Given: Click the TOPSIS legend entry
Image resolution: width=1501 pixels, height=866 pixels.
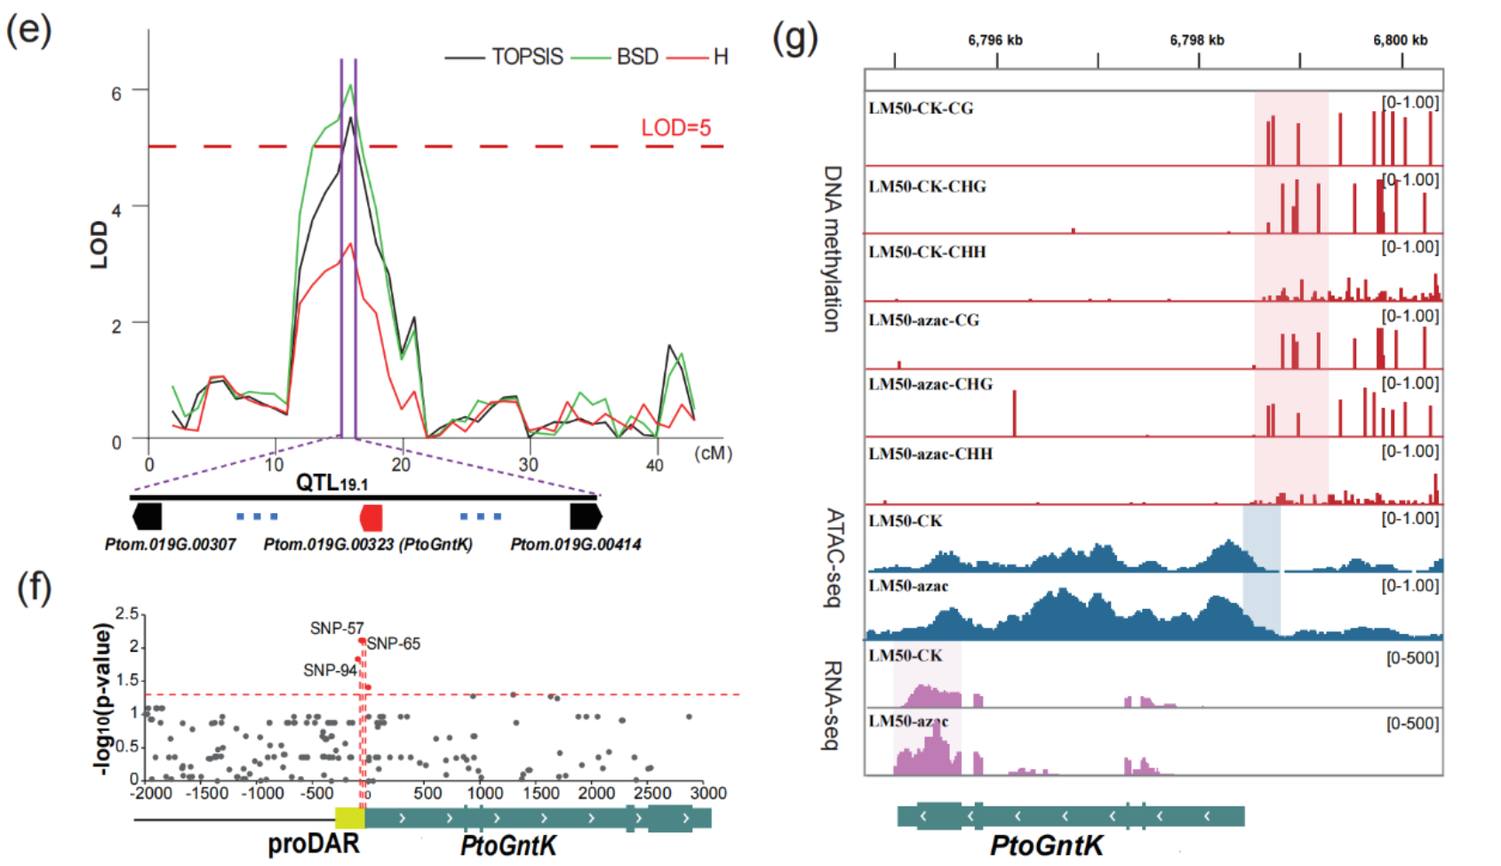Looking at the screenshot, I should [527, 57].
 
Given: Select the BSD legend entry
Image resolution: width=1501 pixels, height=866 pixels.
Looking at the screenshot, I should [637, 57].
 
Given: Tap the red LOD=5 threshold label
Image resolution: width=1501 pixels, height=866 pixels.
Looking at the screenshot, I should [675, 128].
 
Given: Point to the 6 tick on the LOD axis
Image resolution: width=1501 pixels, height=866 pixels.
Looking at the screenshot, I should [116, 93].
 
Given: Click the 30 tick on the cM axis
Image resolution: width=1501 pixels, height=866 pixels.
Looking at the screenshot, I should [528, 464].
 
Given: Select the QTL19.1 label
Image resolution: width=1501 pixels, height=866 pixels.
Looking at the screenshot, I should [331, 483].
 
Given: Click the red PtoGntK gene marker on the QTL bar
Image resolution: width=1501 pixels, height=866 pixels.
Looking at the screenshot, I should [371, 517].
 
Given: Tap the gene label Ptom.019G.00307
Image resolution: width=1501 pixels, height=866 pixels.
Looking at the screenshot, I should [170, 544].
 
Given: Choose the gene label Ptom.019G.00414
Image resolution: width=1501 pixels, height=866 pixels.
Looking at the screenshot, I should [575, 544].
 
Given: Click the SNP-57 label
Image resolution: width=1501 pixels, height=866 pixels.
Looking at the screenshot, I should [336, 629].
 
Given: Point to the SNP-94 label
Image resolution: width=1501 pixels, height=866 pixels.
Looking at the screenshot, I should [330, 670].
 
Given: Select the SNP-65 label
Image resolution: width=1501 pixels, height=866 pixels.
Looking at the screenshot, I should [394, 644].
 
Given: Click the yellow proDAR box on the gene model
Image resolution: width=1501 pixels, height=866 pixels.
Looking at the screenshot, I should [349, 818].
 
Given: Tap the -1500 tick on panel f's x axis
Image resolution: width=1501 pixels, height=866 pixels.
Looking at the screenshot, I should [207, 793].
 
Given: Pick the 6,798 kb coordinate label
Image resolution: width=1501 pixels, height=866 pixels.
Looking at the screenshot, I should [1196, 40].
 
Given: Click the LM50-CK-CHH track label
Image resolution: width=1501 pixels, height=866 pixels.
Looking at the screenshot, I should [927, 253].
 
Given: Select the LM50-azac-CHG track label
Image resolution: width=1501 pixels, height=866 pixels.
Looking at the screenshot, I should [930, 384].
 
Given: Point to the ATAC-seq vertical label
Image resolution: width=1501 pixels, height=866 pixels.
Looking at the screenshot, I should [834, 557].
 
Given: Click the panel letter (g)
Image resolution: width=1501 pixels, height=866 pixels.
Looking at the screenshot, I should [794, 37].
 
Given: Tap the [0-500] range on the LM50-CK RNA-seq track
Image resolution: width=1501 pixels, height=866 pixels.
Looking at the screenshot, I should [1412, 658].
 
